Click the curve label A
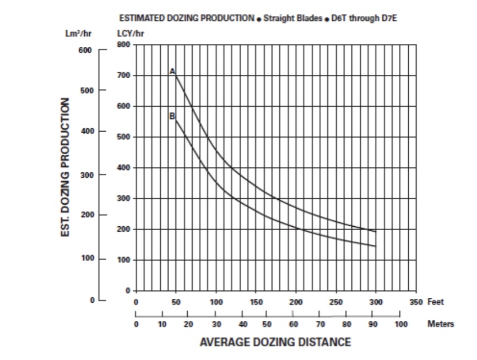[x=172, y=71]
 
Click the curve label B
[x=172, y=116]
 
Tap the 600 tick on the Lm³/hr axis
[x=84, y=50]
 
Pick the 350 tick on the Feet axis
[x=416, y=302]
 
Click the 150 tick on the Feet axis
[x=256, y=302]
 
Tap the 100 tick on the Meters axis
[x=400, y=324]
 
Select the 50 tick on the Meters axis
[x=267, y=324]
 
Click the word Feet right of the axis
[x=435, y=302]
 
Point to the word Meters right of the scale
[x=441, y=324]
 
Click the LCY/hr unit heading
[x=131, y=33]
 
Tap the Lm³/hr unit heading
[x=79, y=33]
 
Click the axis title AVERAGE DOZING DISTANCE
[x=275, y=342]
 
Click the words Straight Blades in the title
[x=292, y=18]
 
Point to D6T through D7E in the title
[x=364, y=18]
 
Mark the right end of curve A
[x=376, y=232]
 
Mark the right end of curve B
[x=376, y=246]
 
